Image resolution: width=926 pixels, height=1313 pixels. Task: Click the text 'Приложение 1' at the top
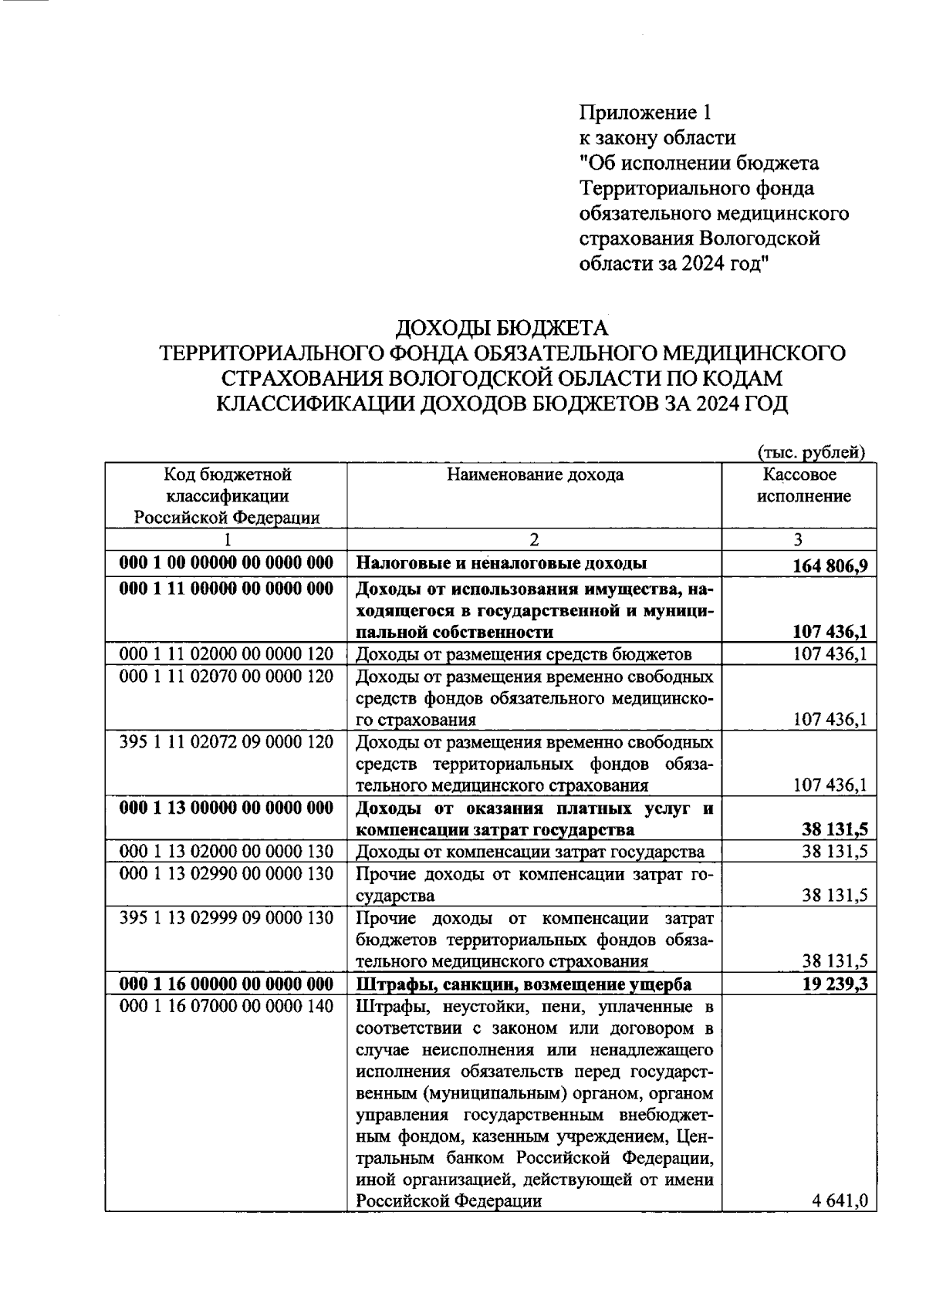click(644, 113)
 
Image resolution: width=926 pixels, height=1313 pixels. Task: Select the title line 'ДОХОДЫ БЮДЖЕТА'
click(502, 329)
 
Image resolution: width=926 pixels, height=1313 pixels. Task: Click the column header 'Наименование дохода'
click(535, 474)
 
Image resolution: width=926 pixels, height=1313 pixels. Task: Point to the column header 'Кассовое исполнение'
click(799, 485)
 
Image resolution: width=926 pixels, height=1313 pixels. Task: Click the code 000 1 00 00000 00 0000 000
click(226, 562)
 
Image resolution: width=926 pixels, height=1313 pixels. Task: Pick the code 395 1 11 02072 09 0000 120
click(226, 741)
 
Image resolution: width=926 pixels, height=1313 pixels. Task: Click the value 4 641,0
click(840, 1200)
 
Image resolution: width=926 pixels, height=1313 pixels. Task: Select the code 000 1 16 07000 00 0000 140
click(226, 1006)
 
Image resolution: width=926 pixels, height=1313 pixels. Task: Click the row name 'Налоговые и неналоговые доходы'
click(502, 563)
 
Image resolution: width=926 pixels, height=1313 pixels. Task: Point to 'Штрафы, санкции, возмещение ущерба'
click(523, 984)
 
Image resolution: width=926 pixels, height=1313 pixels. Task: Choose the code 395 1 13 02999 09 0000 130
click(226, 917)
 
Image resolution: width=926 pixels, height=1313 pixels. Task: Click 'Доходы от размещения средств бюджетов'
click(523, 654)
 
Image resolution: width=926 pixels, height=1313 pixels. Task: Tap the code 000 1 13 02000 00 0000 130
click(226, 851)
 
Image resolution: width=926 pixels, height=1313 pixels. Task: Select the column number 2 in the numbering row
click(534, 539)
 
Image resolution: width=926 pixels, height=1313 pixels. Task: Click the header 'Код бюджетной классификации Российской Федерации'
click(227, 495)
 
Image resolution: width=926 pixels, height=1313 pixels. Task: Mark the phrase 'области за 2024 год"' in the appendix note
click(674, 264)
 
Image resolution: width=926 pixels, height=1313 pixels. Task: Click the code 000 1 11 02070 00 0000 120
click(226, 676)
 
